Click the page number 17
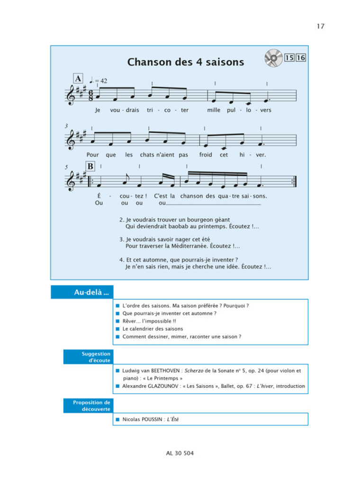(321, 26)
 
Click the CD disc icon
(273, 58)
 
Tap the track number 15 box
(289, 58)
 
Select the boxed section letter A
(78, 79)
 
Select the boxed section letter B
(90, 166)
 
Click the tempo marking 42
(103, 81)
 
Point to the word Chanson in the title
(148, 62)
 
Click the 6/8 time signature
(91, 94)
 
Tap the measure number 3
(66, 126)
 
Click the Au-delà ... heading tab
(81, 292)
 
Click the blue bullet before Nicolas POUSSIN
(117, 420)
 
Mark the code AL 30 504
(180, 453)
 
